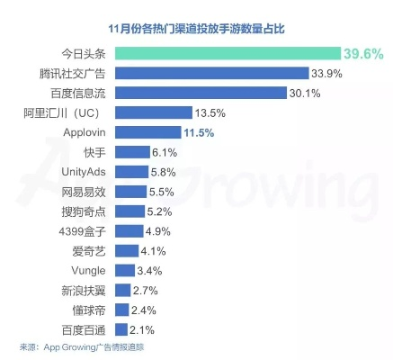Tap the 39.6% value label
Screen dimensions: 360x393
click(x=364, y=53)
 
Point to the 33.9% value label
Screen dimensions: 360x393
click(x=327, y=73)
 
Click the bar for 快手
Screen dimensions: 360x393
click(x=131, y=152)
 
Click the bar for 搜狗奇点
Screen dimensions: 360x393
click(x=130, y=211)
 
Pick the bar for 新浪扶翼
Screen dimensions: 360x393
click(x=123, y=291)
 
